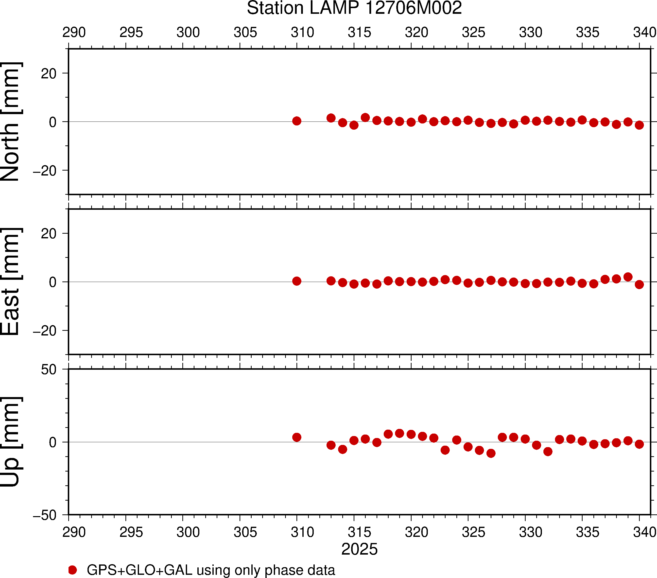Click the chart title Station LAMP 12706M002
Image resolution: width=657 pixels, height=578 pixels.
[x=354, y=8]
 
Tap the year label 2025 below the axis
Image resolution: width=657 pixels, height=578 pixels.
[x=359, y=549]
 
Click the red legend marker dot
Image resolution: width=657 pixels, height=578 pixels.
[x=73, y=570]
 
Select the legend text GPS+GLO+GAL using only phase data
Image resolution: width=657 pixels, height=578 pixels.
[x=211, y=570]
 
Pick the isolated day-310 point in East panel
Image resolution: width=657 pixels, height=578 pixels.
[x=297, y=281]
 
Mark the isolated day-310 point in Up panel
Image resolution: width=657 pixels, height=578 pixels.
[x=297, y=437]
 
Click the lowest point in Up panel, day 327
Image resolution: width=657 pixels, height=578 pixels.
[x=491, y=453]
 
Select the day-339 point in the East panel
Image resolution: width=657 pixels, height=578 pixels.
[x=628, y=277]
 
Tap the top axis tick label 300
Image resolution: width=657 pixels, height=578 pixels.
[x=188, y=33]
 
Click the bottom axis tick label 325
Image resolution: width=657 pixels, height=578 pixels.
[x=473, y=532]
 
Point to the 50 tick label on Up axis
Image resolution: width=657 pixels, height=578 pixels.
[x=49, y=370]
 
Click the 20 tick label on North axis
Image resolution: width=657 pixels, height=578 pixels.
[x=49, y=74]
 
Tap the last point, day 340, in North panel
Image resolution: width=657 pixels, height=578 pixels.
[x=639, y=125]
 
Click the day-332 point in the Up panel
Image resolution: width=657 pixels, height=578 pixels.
[x=548, y=451]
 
